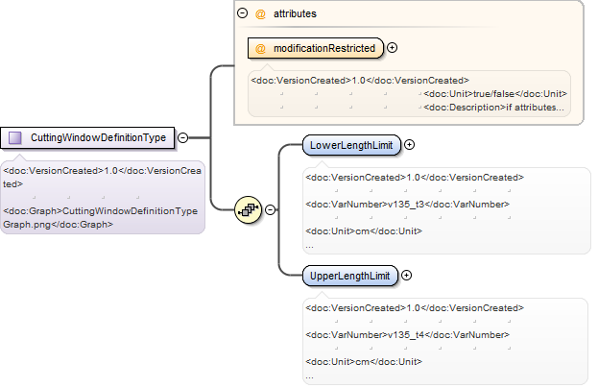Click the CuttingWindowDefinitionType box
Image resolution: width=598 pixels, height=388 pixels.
click(x=87, y=137)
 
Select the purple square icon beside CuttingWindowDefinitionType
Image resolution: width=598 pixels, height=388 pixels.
click(x=15, y=137)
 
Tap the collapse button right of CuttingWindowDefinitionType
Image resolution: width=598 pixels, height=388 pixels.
click(x=183, y=137)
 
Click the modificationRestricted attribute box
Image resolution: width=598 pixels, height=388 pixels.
click(x=316, y=48)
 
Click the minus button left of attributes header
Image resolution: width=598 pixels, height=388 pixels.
click(x=242, y=13)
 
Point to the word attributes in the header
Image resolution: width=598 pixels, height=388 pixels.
click(x=295, y=13)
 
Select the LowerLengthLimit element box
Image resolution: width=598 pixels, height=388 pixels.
click(x=351, y=145)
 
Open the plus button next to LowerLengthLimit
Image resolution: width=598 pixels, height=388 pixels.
click(x=409, y=145)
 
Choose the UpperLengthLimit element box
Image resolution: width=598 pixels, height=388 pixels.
click(x=350, y=276)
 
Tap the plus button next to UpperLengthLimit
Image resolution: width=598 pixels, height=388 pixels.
click(x=407, y=276)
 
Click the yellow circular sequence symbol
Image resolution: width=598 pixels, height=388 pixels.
click(x=249, y=209)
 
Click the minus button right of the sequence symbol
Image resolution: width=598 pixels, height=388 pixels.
click(x=270, y=209)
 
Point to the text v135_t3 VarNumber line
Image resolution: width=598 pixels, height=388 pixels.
click(x=407, y=205)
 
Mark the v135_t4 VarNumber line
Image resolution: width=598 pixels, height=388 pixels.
click(x=407, y=335)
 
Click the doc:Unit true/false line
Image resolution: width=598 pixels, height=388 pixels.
click(x=495, y=94)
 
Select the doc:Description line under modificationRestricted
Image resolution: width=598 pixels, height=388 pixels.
click(x=493, y=108)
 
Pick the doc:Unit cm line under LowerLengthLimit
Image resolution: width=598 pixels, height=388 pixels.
click(x=364, y=231)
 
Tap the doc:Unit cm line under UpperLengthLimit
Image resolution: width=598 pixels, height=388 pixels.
click(x=364, y=362)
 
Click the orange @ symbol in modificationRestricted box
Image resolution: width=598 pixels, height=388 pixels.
click(x=260, y=48)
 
